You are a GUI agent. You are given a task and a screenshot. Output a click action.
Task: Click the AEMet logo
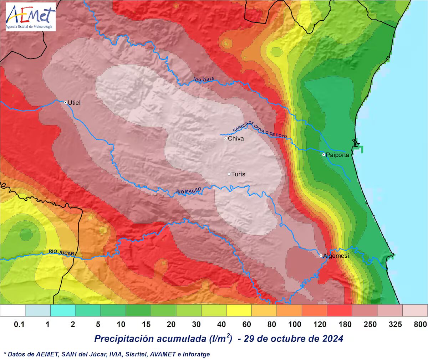tap(31, 17)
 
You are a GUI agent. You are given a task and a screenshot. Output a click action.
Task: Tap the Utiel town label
tap(74, 103)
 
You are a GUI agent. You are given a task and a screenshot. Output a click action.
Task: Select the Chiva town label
tap(236, 138)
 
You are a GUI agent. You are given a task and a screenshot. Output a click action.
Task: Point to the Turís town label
tap(238, 174)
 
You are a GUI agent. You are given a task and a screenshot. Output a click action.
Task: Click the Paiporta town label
tap(337, 155)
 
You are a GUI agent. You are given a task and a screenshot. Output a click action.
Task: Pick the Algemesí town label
tap(336, 256)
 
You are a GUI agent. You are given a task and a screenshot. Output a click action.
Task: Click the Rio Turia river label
tap(204, 79)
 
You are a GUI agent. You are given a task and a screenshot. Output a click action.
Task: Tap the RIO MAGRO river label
tap(189, 191)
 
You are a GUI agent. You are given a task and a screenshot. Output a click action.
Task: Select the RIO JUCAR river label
tap(61, 253)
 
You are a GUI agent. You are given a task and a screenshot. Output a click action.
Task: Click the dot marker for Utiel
tap(66, 102)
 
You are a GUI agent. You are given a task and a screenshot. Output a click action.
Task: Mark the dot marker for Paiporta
tap(323, 155)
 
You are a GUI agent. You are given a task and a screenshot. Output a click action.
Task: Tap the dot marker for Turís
tap(229, 174)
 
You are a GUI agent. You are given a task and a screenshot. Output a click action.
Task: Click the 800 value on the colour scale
tap(420, 324)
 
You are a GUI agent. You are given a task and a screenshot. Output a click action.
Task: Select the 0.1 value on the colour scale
tap(19, 324)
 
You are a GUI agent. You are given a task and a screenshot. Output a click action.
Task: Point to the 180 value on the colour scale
tap(345, 324)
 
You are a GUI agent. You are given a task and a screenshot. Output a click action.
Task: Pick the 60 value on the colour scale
tap(246, 324)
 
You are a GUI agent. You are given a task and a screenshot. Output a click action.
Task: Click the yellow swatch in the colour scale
tap(239, 310)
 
